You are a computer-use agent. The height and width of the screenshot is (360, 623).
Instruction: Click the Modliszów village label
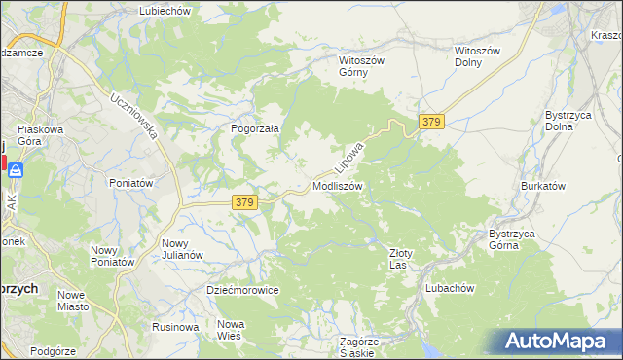pyautogui.click(x=339, y=186)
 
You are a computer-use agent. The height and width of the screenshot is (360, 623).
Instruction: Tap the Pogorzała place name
pyautogui.click(x=255, y=127)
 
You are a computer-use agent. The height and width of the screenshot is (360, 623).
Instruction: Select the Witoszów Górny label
pyautogui.click(x=362, y=66)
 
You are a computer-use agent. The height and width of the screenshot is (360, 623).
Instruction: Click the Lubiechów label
pyautogui.click(x=164, y=10)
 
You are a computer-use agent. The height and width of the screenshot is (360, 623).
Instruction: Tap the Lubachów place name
pyautogui.click(x=449, y=289)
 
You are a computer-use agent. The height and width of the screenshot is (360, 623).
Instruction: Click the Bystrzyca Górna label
pyautogui.click(x=515, y=239)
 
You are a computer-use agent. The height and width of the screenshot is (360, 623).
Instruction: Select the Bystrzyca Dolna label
pyautogui.click(x=565, y=121)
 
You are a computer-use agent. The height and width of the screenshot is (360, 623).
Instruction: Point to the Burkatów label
pyautogui.click(x=543, y=185)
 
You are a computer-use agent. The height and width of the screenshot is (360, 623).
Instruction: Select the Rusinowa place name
pyautogui.click(x=175, y=327)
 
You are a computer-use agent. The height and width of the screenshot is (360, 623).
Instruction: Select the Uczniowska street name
pyautogui.click(x=133, y=116)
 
